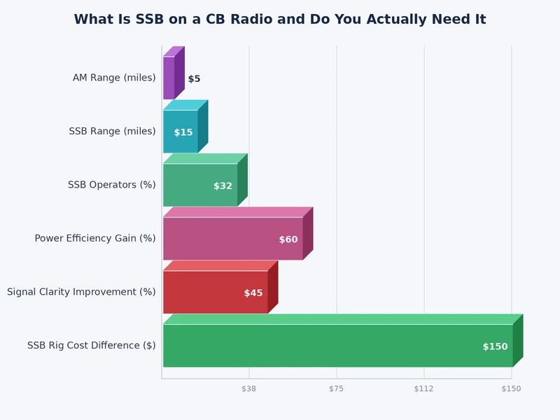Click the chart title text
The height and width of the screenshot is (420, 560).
click(x=280, y=20)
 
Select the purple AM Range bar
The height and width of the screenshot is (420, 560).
click(x=169, y=78)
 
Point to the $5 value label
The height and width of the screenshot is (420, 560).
click(x=194, y=79)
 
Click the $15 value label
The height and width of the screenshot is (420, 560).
click(x=183, y=132)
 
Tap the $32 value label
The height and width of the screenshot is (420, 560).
click(x=223, y=186)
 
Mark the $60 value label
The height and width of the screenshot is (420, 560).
click(x=288, y=239)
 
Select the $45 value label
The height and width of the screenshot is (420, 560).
click(x=253, y=293)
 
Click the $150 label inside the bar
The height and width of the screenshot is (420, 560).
click(x=495, y=346)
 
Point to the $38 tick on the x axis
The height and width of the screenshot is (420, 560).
click(x=249, y=388)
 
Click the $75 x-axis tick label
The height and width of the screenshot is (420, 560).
click(x=337, y=388)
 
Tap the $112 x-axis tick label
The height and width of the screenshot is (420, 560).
click(x=423, y=388)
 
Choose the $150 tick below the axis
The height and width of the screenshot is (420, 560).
click(x=511, y=388)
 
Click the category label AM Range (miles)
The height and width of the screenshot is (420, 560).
click(x=114, y=78)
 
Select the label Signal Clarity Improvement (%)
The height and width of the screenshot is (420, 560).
click(x=81, y=292)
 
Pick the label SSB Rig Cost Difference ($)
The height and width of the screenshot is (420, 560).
click(x=91, y=346)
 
